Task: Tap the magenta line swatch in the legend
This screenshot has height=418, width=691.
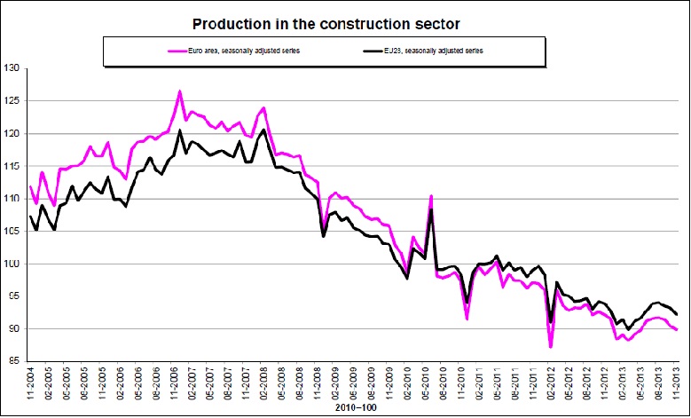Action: point(181,51)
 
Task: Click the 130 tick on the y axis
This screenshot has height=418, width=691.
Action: point(12,68)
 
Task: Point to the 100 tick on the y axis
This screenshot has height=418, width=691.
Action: point(12,264)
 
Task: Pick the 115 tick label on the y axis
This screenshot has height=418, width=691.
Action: point(12,166)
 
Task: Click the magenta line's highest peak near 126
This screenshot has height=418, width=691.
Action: point(180,91)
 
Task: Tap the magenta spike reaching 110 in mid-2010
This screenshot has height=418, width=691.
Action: point(431,196)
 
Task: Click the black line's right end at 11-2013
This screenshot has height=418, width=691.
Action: point(678,314)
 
